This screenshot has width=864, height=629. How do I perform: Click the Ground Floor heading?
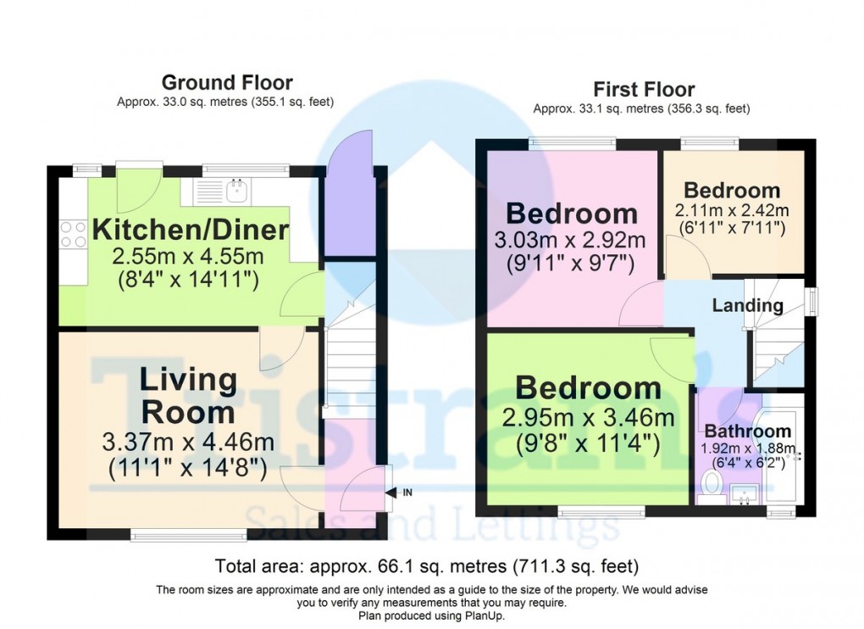[x=227, y=82]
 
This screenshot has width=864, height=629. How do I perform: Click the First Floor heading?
[x=644, y=89]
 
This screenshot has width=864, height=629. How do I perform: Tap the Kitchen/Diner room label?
[x=191, y=229]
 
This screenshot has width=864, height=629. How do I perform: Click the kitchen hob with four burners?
[x=74, y=234]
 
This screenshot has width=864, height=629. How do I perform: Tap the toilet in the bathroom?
[x=712, y=484]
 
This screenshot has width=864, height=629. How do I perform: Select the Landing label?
[x=747, y=305]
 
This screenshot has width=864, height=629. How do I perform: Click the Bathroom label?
[x=748, y=431]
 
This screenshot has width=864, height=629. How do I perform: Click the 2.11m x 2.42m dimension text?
[x=732, y=210]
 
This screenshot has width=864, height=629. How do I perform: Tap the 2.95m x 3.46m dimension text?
[x=589, y=418]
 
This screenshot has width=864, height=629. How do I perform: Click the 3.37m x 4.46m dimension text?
[x=188, y=443]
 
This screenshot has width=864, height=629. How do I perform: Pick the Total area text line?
[x=427, y=565]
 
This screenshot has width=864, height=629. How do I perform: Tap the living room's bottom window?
[x=189, y=534]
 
